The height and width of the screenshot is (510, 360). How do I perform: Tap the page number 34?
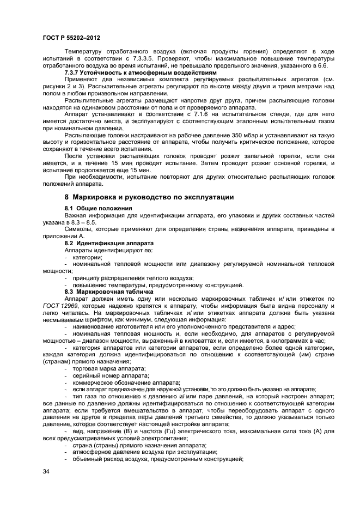46,471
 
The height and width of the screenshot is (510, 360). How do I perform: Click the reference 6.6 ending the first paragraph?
322,65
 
